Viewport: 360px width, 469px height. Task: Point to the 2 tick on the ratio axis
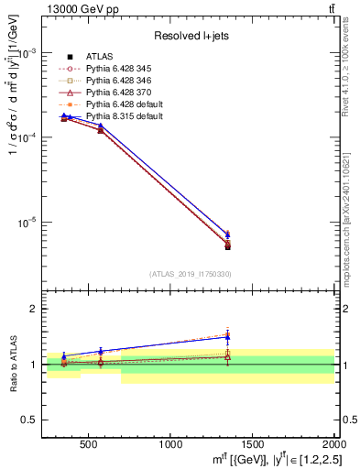[37, 309]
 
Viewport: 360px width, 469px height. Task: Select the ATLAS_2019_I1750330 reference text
[190, 274]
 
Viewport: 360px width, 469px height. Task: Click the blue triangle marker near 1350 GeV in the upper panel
[228, 234]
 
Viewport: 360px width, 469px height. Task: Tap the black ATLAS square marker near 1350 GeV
[228, 247]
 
